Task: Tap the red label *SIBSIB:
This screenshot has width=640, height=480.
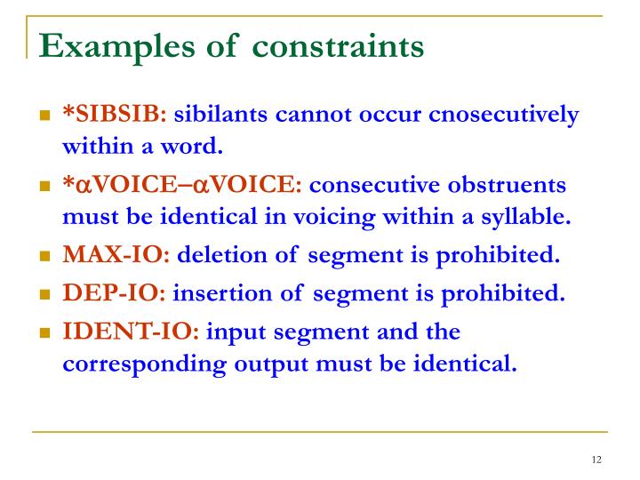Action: (114, 115)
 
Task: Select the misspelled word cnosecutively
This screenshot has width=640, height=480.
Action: (504, 115)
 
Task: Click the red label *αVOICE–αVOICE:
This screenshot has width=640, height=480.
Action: (182, 186)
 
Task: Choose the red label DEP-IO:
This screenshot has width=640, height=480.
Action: (113, 294)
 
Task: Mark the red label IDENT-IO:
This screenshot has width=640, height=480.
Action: (132, 332)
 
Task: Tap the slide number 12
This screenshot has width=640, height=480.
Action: (596, 460)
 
